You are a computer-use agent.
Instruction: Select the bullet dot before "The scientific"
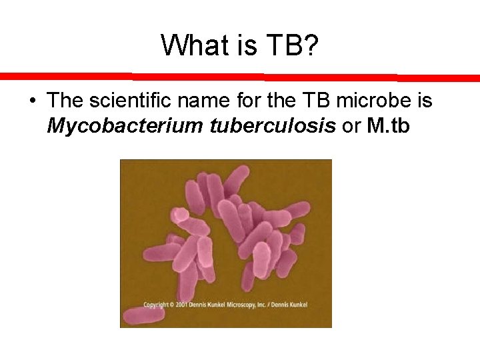[x=32, y=102]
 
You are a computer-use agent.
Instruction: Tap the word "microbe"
[x=370, y=101]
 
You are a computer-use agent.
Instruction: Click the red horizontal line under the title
[x=240, y=77]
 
